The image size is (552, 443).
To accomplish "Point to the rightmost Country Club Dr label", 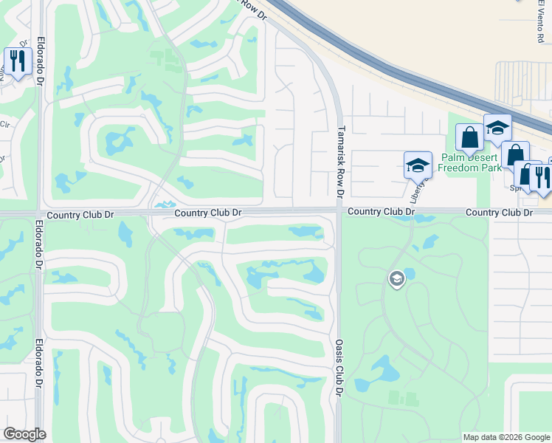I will coord(498,213).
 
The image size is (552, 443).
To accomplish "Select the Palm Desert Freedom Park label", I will coord(474,162).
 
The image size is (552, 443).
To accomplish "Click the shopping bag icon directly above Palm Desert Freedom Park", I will coord(469,137).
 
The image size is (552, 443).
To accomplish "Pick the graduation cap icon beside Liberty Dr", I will coord(417,165).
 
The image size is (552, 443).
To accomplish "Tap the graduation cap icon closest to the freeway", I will coord(497,127).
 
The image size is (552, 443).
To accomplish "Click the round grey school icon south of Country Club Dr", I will coord(396,279).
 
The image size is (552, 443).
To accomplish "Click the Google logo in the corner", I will coord(24,434).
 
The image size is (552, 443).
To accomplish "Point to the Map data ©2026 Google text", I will coord(506,437).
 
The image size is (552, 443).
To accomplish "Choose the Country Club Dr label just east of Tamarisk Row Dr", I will coord(381,212).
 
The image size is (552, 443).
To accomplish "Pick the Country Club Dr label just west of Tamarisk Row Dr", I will coord(208,213).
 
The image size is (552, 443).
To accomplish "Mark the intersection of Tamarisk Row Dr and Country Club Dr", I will coord(339,212).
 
